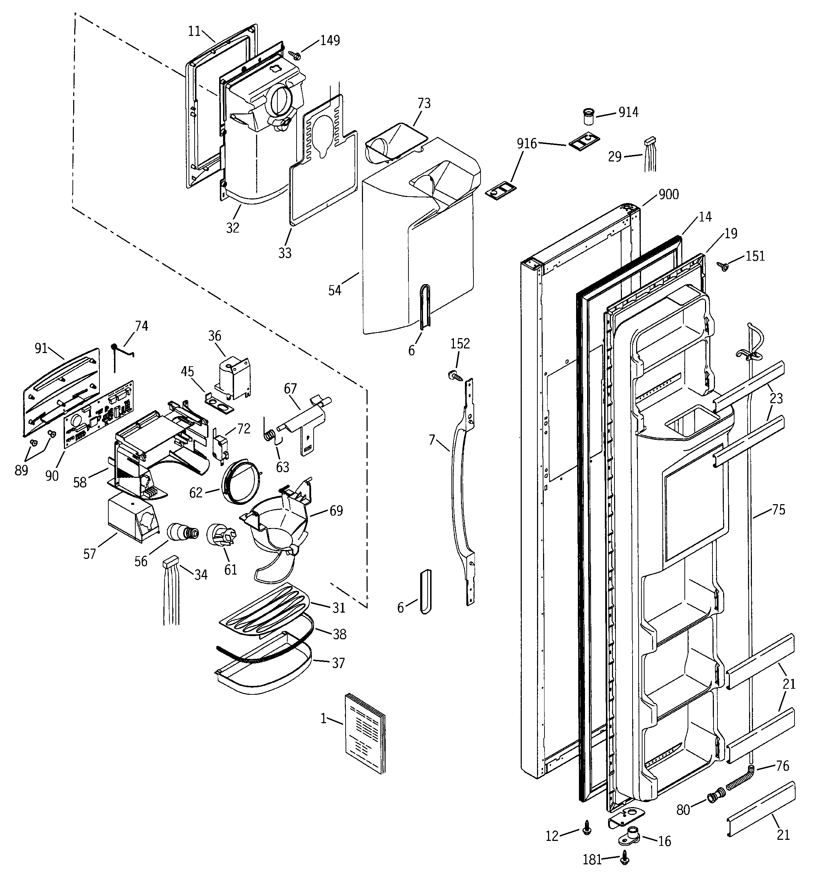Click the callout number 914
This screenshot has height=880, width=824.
(x=628, y=112)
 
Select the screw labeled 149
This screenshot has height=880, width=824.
(x=295, y=55)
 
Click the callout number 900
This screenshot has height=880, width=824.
(x=668, y=194)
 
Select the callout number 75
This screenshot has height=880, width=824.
(x=779, y=510)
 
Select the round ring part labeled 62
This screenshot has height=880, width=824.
(x=239, y=481)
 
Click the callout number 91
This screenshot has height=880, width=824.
(x=41, y=348)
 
